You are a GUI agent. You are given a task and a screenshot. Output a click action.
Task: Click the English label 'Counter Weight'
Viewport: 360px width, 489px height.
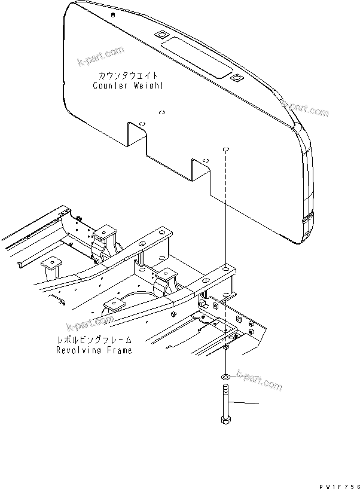click(x=128, y=85)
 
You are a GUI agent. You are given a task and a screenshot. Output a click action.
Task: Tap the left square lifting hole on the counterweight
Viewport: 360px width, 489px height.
click(x=161, y=35)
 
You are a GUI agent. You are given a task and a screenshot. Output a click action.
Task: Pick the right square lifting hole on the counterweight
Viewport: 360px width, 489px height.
click(x=237, y=77)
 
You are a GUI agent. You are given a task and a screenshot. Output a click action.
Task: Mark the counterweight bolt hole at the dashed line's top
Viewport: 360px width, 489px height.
click(x=226, y=150)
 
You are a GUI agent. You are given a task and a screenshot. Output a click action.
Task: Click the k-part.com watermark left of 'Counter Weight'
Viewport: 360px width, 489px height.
click(x=100, y=57)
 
